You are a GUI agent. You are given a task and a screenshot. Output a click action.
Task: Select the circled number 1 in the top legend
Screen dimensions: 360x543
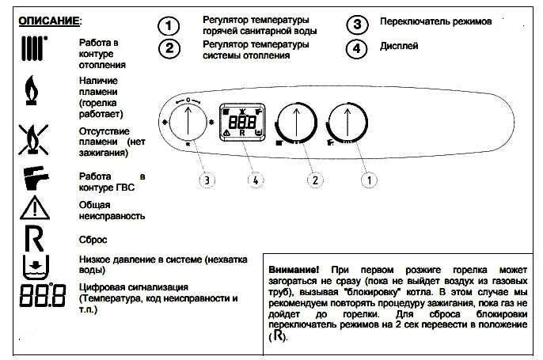168,25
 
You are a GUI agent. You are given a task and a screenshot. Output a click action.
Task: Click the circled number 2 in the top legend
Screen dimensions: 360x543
168,49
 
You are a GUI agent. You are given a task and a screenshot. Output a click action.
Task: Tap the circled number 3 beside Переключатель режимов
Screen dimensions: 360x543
358,25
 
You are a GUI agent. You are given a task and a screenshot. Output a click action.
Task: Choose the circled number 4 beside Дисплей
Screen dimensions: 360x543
358,49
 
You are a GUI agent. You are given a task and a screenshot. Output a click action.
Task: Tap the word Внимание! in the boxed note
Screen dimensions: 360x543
294,270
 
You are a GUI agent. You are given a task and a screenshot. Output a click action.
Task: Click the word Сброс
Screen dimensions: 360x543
95,239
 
